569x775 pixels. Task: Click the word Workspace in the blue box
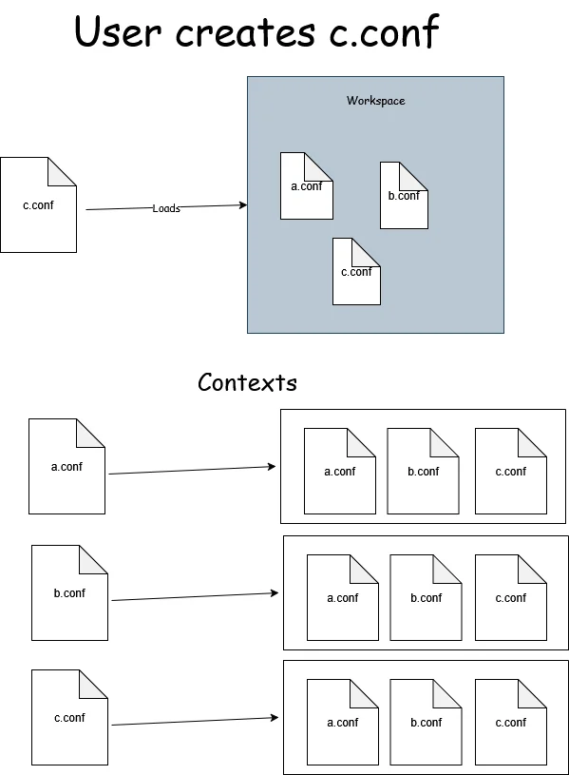click(375, 101)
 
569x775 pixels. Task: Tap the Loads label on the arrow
click(166, 208)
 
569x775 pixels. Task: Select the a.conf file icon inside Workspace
click(306, 186)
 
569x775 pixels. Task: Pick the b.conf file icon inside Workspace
click(404, 196)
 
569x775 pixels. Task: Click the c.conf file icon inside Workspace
click(356, 272)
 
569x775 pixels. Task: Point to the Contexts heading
click(247, 383)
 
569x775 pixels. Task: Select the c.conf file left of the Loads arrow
click(38, 205)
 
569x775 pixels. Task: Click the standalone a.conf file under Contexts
click(66, 467)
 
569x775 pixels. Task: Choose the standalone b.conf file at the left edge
click(69, 593)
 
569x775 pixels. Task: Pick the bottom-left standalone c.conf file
click(69, 718)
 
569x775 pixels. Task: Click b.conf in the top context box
click(424, 472)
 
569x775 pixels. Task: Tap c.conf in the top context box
click(510, 472)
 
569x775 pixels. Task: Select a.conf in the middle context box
click(343, 598)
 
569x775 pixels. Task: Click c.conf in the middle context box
click(510, 598)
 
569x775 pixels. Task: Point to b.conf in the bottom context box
click(427, 723)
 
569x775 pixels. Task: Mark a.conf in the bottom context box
click(343, 723)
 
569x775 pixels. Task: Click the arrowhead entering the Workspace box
click(243, 205)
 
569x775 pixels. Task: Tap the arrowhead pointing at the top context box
click(273, 467)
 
